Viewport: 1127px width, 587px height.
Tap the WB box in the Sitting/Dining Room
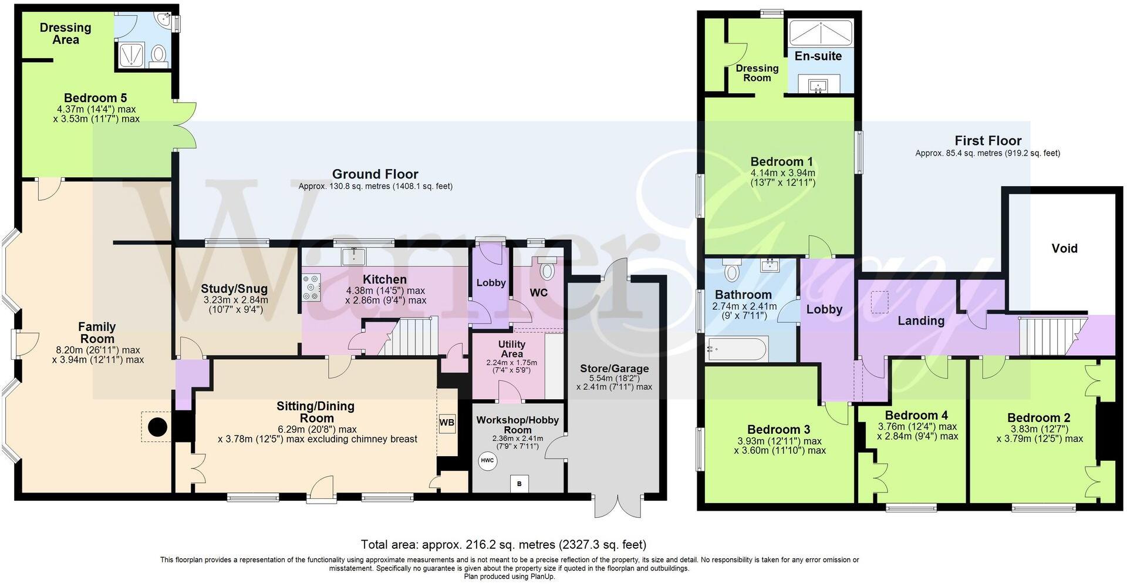447,423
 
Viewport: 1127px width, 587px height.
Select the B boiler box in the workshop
519,484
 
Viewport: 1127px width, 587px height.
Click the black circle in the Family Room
157,427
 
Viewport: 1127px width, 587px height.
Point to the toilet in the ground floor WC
547,271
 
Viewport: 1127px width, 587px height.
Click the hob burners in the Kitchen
311,288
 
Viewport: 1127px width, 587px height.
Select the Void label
1064,248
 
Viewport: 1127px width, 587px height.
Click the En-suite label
818,56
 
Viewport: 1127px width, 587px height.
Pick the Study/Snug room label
234,288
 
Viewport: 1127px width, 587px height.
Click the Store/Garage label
614,368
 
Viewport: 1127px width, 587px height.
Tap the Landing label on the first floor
920,321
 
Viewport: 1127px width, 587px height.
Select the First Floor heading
987,141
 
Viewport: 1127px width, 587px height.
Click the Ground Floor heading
375,174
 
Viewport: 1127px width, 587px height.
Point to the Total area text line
503,544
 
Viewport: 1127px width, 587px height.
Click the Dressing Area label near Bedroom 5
65,33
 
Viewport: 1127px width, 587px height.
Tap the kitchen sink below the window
355,255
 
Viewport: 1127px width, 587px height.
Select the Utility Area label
512,349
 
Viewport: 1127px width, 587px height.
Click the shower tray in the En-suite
819,32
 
